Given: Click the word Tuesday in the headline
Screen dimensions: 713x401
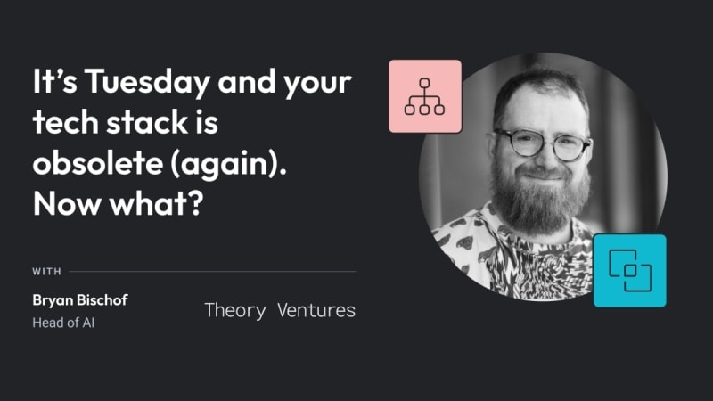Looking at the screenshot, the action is [147, 82].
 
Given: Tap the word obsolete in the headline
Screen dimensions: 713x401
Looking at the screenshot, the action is [98, 163].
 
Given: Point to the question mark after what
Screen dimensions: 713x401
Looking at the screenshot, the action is [195, 203].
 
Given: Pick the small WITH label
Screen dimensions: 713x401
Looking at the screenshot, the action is [46, 272].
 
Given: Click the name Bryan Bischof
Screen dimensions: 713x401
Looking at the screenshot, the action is [80, 300].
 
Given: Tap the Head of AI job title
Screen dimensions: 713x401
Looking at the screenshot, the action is [63, 323].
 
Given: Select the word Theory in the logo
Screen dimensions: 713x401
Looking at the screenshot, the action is [235, 311].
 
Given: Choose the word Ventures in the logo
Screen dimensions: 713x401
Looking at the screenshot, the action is [316, 310].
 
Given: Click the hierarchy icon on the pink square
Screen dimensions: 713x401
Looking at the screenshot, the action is [424, 96].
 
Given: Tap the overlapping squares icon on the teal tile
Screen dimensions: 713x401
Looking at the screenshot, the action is [630, 271].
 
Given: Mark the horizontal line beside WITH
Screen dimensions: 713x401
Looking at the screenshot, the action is [212, 272].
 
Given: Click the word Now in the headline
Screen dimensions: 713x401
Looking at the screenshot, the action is [67, 203].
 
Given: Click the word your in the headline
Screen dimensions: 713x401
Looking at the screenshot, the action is [317, 84].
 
